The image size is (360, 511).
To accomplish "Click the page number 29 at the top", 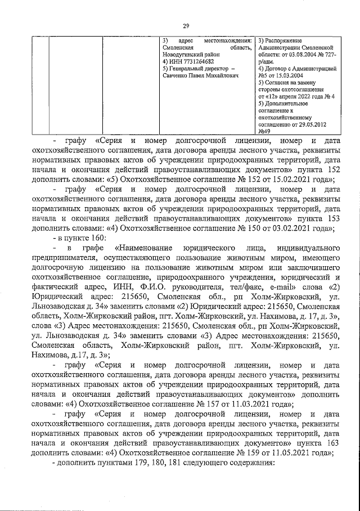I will point(185,25).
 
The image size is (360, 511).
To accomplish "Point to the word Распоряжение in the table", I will point(285,41).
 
